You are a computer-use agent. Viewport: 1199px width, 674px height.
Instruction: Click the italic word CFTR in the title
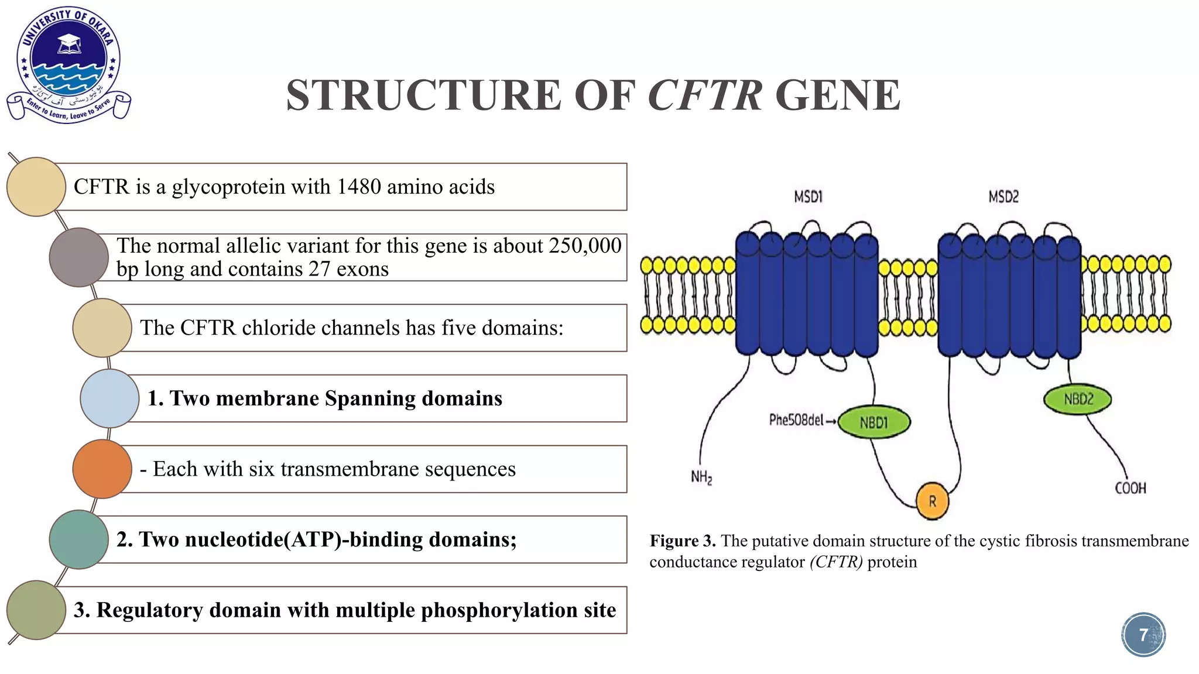click(705, 95)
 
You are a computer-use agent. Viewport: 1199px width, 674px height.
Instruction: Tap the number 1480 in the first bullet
click(358, 187)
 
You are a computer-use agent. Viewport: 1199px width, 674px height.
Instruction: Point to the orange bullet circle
click(102, 469)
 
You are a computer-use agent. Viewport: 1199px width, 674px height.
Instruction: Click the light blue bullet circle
click(109, 398)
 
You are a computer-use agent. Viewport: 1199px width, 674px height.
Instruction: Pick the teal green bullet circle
click(78, 539)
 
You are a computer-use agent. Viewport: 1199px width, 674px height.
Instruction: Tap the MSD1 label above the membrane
click(808, 197)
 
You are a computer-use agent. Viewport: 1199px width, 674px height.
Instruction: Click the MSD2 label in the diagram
click(1003, 197)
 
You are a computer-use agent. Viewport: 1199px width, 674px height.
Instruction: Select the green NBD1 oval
click(874, 422)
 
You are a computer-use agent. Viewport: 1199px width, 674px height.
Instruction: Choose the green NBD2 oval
click(1078, 400)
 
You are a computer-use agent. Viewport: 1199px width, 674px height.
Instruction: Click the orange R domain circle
click(932, 501)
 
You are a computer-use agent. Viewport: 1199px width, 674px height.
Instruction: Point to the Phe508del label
click(796, 420)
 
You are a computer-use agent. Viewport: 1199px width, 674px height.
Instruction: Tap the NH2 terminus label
click(701, 477)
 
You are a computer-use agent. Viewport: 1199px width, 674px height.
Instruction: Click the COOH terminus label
click(1130, 488)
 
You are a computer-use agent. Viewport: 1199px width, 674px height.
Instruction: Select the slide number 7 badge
click(1143, 635)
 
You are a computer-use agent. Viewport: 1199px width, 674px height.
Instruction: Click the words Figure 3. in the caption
click(682, 541)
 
